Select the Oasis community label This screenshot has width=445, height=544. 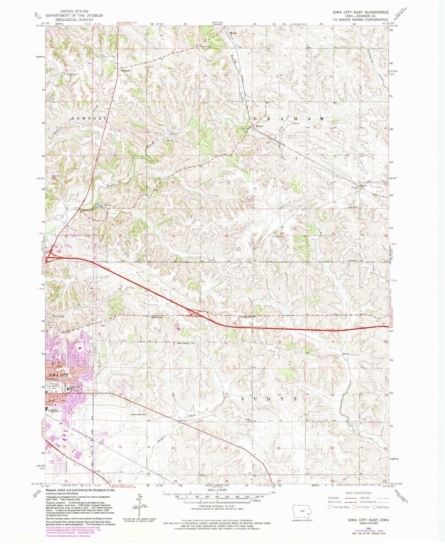pos(364,186)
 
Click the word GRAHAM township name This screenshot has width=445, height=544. pos(289,119)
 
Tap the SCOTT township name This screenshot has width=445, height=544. pos(269,399)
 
